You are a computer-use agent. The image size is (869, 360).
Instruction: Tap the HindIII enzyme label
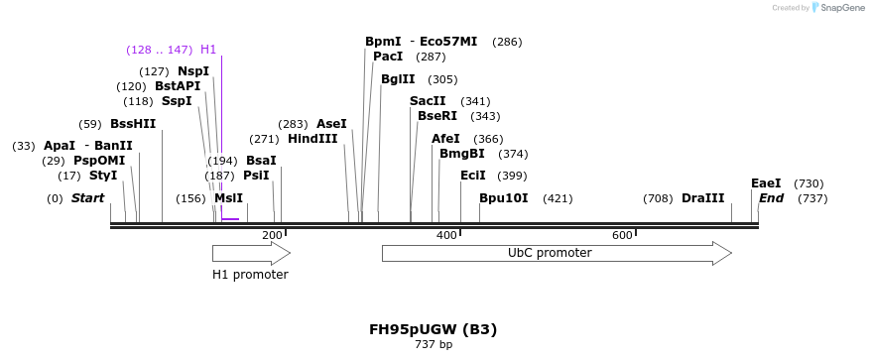[312, 139]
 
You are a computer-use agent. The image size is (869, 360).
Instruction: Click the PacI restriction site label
[388, 57]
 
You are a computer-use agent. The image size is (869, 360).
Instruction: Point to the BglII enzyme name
[398, 79]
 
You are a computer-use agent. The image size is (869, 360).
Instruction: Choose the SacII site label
[428, 101]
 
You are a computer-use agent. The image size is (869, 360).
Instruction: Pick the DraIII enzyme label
[702, 198]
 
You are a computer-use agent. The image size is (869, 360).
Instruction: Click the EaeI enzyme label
[766, 183]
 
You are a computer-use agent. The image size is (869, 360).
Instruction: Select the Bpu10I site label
[503, 198]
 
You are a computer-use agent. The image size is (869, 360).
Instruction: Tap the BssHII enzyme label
[133, 124]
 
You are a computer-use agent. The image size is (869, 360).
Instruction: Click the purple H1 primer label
[208, 50]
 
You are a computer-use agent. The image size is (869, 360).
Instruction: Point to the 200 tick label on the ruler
[272, 235]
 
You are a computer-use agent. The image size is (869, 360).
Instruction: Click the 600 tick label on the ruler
[622, 235]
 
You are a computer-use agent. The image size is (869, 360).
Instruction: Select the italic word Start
[87, 198]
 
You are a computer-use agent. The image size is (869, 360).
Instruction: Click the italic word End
[771, 198]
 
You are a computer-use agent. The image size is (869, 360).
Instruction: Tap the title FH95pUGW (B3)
[433, 329]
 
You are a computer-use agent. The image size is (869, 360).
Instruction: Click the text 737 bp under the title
[434, 345]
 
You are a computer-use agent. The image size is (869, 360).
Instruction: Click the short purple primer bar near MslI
[230, 218]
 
